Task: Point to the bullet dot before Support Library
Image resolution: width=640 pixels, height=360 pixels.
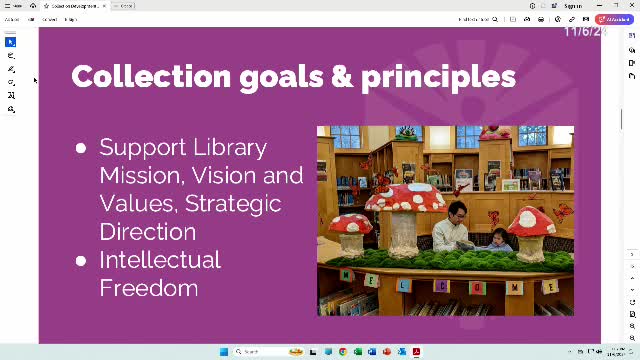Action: (82, 148)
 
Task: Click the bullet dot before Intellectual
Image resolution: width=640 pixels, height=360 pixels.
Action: (82, 260)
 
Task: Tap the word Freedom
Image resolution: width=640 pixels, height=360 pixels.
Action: (148, 288)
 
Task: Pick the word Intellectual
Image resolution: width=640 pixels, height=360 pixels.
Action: (160, 260)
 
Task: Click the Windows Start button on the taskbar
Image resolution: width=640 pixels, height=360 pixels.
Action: (224, 352)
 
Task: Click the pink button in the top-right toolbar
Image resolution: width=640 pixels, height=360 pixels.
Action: (612, 19)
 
